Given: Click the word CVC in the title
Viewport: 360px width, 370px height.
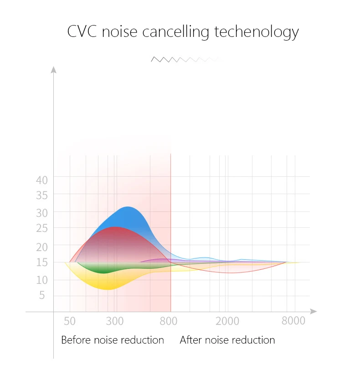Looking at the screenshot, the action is [82, 31].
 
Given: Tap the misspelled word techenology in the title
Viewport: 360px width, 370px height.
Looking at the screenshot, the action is [257, 32].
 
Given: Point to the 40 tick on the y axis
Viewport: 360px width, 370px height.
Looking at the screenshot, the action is [42, 180].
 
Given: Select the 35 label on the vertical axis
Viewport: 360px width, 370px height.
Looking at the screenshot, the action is [42, 195].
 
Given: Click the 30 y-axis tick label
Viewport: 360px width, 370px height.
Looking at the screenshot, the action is [42, 213].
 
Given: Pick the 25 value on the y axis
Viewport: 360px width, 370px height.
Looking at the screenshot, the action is [42, 228].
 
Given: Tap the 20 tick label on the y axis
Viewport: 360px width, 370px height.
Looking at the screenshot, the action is [42, 247].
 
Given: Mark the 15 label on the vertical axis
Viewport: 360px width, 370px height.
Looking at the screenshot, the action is [42, 262].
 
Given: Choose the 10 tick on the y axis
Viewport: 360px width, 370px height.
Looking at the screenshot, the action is [42, 280].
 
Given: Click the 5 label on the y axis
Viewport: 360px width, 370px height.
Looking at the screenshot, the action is [42, 295].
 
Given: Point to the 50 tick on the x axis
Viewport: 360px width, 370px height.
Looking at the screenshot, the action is [70, 321].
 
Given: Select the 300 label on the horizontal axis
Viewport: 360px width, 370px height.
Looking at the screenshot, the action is [115, 321].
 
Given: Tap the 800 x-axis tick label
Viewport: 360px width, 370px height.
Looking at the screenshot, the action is [169, 321].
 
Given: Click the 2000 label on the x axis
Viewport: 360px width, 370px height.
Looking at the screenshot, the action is [227, 321].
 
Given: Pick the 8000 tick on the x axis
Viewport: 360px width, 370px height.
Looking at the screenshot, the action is [293, 321].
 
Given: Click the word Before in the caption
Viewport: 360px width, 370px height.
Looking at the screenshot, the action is [76, 340].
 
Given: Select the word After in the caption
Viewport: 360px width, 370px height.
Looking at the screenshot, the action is [190, 340].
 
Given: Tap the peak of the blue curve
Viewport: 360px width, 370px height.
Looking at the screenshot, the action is [128, 207].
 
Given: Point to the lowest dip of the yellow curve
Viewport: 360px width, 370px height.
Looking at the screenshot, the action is [108, 289].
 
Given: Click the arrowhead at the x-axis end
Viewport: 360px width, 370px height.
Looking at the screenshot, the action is [314, 312].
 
